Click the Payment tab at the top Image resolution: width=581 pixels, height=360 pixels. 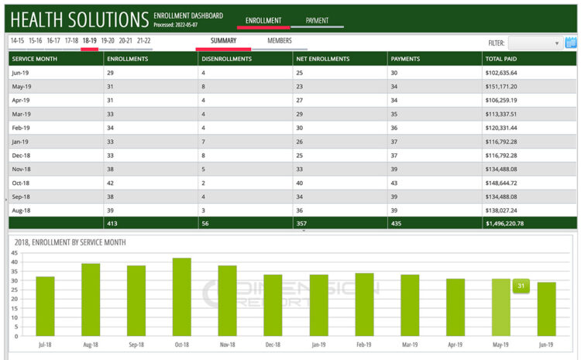click(317, 21)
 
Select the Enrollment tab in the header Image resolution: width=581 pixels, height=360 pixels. click(263, 21)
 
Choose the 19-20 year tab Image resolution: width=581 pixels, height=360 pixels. click(107, 40)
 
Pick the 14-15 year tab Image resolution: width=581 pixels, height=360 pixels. click(17, 40)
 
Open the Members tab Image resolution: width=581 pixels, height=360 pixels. click(280, 40)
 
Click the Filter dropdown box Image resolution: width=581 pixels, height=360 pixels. click(535, 43)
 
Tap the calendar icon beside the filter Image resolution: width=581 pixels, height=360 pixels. click(571, 43)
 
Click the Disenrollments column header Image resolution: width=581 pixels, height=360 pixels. click(225, 59)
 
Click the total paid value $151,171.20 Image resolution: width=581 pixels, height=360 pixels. click(501, 87)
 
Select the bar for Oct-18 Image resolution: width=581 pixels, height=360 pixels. click(182, 297)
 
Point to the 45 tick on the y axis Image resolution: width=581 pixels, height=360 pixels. click(14, 253)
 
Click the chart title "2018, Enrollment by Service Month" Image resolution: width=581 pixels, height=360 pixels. click(70, 242)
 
